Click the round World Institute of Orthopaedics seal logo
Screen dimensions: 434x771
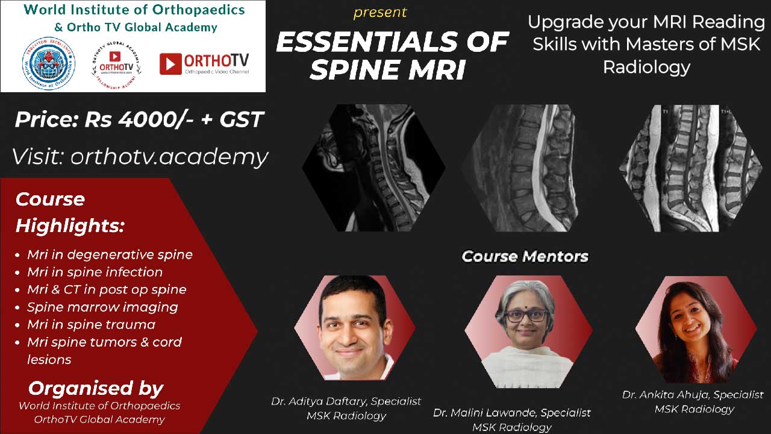click(48, 64)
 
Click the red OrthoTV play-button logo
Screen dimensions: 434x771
click(170, 64)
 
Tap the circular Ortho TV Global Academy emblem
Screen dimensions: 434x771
click(116, 65)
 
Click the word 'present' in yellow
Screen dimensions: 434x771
click(380, 12)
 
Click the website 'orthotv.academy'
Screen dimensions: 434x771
click(169, 157)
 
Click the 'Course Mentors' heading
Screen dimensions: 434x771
click(525, 256)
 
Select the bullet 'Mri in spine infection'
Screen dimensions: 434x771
click(95, 272)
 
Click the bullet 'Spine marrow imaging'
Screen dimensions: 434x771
click(102, 307)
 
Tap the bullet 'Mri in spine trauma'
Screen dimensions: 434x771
click(91, 324)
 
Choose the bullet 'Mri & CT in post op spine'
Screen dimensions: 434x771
click(107, 289)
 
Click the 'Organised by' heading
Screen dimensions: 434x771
click(95, 388)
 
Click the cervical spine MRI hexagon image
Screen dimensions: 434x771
click(373, 168)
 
